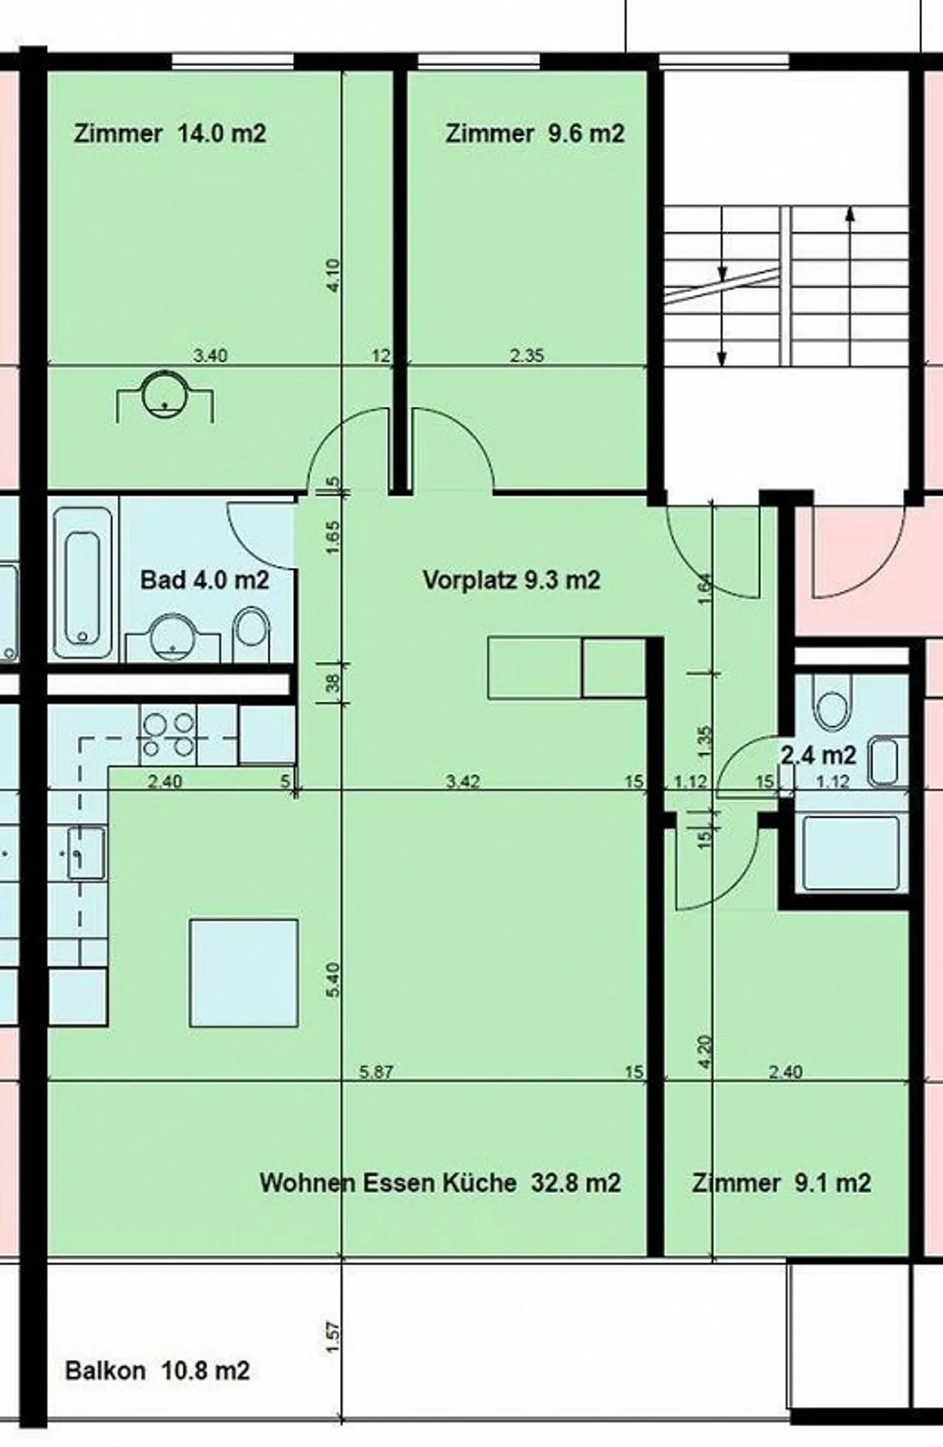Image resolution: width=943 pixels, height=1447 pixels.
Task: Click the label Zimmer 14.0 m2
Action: pos(170,134)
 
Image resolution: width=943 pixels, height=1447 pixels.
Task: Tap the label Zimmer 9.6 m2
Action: pos(534,134)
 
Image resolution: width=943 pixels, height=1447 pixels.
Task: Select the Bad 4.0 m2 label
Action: pos(204,580)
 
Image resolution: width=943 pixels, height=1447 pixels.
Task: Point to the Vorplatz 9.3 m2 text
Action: pos(511,580)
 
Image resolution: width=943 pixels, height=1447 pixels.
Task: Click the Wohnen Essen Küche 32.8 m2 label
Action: pos(439,1183)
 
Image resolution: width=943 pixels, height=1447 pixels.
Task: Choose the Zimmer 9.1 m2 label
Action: pos(781,1183)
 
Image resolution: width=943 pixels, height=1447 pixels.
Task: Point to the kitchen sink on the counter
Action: pos(86,853)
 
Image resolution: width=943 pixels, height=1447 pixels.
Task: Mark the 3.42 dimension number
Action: pos(463,781)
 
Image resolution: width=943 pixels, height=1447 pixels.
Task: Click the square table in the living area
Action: pos(244,973)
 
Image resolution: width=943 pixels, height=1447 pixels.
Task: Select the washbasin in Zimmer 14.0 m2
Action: pos(164,393)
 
